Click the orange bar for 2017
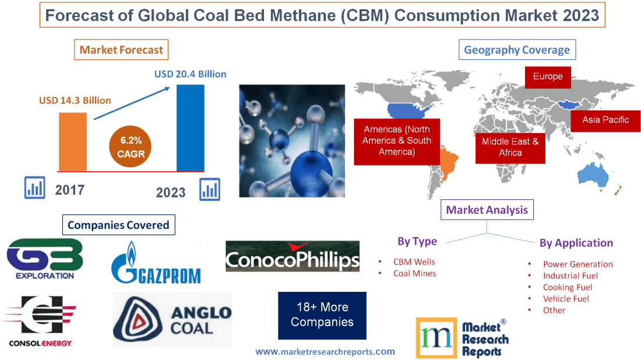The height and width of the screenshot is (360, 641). click(x=73, y=142)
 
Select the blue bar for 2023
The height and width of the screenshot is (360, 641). click(x=191, y=128)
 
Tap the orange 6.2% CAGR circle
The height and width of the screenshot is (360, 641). click(x=127, y=147)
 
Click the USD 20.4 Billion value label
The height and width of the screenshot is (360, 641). click(x=190, y=74)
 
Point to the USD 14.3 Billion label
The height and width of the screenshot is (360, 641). click(x=75, y=100)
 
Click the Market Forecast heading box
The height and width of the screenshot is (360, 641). click(x=121, y=50)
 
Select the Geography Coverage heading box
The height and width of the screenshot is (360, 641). click(x=517, y=50)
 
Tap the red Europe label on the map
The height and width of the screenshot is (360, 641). click(x=548, y=77)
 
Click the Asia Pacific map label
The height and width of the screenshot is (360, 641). click(x=605, y=120)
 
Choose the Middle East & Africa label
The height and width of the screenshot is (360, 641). click(x=510, y=147)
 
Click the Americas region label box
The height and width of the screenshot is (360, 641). click(x=397, y=140)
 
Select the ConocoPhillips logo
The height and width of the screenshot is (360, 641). click(x=293, y=257)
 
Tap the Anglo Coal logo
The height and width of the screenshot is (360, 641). click(x=172, y=320)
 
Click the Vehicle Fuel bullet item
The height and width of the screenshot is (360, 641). click(x=565, y=298)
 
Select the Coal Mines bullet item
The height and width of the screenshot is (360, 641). click(x=414, y=273)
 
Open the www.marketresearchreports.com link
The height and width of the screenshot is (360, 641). click(x=325, y=351)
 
